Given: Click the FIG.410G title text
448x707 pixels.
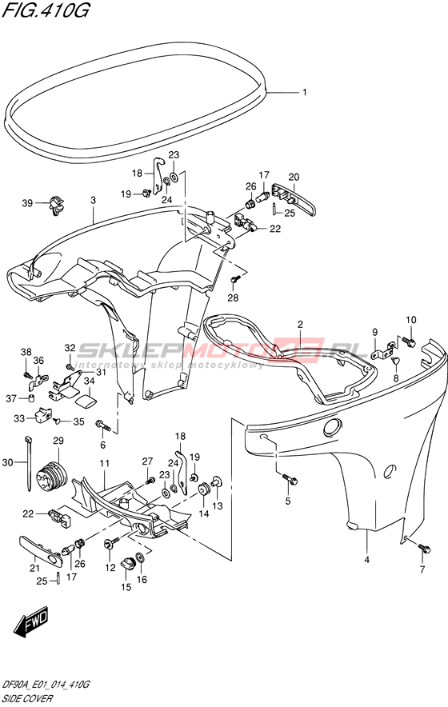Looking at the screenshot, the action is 45,10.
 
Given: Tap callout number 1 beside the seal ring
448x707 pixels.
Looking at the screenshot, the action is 305,93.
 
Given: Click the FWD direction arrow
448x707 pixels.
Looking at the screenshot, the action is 31,624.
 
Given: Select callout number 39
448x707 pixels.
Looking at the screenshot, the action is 27,203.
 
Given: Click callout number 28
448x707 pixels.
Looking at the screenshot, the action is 234,298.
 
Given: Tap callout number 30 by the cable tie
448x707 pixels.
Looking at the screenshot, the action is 8,461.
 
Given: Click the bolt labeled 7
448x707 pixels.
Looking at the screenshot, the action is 425,549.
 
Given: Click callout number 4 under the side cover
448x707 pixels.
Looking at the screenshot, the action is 366,560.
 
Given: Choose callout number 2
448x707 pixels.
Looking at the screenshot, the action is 300,324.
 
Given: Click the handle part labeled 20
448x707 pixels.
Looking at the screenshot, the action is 294,199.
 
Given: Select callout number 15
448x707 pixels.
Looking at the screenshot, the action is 126,587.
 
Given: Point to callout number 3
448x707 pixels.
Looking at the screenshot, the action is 93,200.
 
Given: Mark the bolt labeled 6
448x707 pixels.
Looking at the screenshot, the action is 102,425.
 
